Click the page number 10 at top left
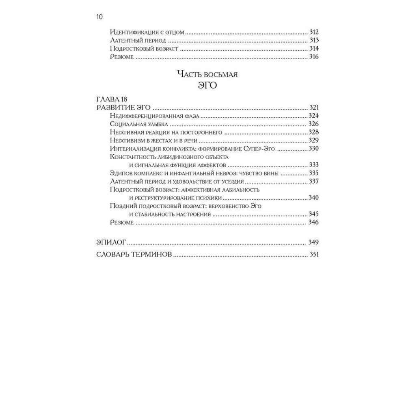[x=99, y=17]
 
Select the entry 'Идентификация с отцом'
[x=147, y=32]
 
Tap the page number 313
[x=314, y=41]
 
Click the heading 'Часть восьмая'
[x=207, y=74]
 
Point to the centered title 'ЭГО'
[x=207, y=86]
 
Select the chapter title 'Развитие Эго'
[x=124, y=108]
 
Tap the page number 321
[x=314, y=108]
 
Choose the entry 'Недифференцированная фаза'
[x=154, y=116]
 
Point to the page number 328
[x=314, y=132]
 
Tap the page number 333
[x=314, y=165]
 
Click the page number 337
[x=314, y=181]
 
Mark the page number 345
[x=314, y=214]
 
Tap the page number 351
[x=314, y=255]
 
